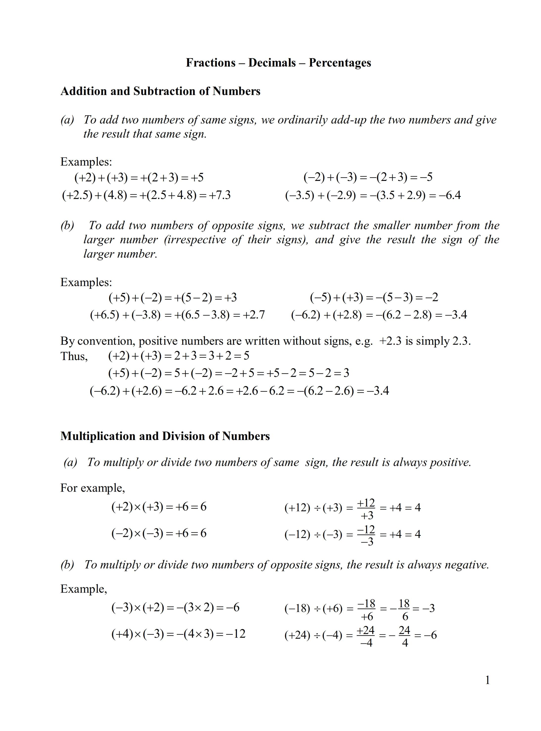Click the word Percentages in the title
(x=340, y=63)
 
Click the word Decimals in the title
(x=272, y=63)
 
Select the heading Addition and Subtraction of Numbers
(x=160, y=91)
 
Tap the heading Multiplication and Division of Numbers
(x=165, y=436)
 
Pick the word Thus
(x=74, y=356)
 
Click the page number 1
(x=488, y=681)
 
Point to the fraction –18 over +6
(x=366, y=609)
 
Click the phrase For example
(x=92, y=488)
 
